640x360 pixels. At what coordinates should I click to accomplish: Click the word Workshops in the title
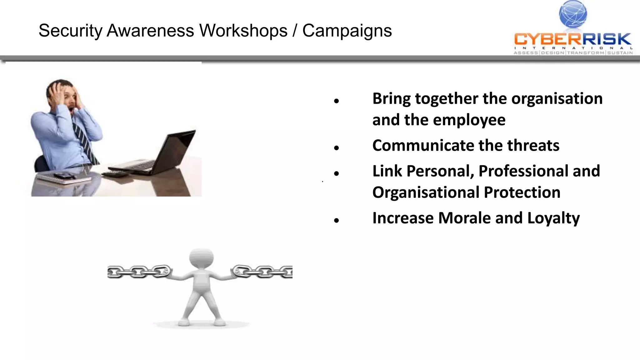click(243, 31)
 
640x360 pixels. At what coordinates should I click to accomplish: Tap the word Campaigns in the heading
click(347, 31)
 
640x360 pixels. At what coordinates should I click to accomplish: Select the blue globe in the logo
click(573, 14)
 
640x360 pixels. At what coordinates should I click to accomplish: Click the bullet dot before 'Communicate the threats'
click(336, 147)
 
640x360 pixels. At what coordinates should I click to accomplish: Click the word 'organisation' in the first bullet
click(557, 99)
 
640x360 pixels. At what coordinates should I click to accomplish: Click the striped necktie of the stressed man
click(84, 141)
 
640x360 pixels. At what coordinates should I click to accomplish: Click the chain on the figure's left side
click(139, 271)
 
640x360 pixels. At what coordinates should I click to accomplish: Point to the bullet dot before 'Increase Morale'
click(336, 220)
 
